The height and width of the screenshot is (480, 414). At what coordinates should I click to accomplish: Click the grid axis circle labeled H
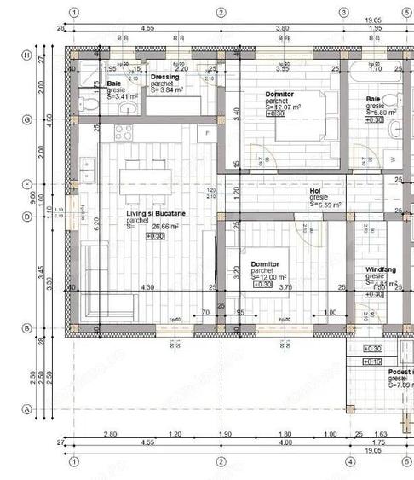click(26, 55)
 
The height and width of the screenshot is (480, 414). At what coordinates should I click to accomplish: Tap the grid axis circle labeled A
click(26, 409)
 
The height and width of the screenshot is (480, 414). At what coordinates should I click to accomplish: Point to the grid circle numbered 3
click(343, 13)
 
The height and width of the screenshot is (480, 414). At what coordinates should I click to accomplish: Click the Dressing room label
click(165, 78)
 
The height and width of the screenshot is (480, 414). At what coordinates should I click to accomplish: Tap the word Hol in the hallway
click(314, 191)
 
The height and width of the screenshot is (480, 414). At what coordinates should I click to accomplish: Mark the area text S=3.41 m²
click(120, 98)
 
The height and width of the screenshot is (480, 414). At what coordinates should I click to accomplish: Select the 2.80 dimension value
click(110, 434)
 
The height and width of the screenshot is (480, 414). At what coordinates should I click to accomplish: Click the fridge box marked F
click(205, 134)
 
